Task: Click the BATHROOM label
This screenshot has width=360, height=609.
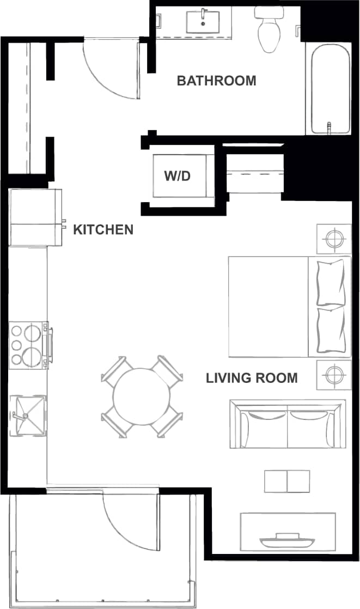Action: [x=216, y=81]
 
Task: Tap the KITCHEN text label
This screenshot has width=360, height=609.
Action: [x=103, y=229]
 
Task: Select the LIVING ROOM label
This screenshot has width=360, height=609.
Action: [x=252, y=377]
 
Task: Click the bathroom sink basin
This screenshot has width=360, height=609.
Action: [x=203, y=22]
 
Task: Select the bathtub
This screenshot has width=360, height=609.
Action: [x=330, y=89]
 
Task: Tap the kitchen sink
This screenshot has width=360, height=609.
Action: [x=28, y=415]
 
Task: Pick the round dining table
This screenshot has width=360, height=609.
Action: [x=140, y=395]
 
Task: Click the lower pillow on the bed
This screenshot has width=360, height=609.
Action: [x=331, y=330]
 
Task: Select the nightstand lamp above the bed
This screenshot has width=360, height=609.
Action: [x=333, y=239]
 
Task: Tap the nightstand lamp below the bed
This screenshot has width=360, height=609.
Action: [x=333, y=374]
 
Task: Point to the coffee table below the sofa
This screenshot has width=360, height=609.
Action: [x=287, y=481]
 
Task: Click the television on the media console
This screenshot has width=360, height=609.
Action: [x=288, y=540]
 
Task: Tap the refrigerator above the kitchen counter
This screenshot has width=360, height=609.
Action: [x=35, y=217]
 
